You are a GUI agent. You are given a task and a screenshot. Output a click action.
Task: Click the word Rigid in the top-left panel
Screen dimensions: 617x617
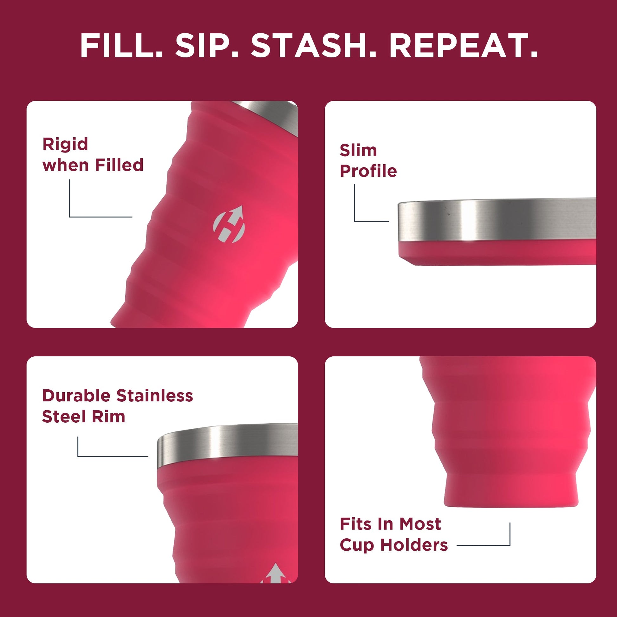(65, 144)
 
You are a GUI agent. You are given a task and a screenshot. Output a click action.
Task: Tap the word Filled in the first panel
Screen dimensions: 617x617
(119, 165)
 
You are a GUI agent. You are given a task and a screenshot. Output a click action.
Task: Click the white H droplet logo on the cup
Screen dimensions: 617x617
(229, 224)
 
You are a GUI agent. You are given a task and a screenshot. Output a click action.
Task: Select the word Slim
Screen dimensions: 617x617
(358, 150)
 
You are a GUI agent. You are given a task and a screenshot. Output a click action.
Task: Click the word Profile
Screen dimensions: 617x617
(368, 171)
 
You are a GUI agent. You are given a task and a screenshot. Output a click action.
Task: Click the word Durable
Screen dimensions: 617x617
(76, 396)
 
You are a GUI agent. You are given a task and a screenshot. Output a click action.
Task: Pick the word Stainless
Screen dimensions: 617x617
(155, 396)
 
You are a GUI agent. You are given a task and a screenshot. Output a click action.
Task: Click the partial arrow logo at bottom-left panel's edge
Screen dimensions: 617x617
(276, 573)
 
